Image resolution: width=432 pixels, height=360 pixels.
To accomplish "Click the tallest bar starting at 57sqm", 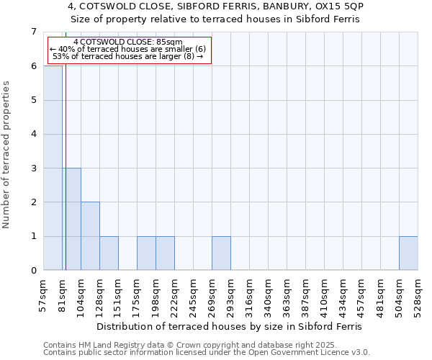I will [x=53, y=168].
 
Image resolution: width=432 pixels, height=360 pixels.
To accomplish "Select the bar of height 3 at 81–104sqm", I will [x=71, y=219].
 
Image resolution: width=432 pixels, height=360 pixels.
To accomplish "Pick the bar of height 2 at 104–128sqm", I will [x=90, y=236].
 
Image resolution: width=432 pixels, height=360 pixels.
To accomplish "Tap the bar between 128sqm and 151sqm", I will [x=109, y=253].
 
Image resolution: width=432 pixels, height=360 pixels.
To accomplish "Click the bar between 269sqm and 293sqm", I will [x=221, y=253].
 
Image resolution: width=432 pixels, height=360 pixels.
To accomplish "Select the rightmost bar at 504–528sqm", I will [x=408, y=253].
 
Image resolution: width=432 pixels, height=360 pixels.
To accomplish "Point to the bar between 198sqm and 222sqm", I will [x=165, y=253].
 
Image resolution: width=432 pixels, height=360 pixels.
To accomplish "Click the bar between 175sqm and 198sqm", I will [x=146, y=253].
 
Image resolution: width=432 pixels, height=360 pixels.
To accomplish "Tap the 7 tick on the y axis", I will [x=33, y=32].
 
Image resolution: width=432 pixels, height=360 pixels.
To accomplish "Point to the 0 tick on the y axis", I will [x=33, y=271].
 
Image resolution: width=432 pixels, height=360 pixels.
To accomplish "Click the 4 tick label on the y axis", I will [x=33, y=134].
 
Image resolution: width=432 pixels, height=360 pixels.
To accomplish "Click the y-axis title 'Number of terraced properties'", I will [x=7, y=155].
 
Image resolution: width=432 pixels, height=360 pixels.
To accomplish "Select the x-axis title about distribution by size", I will [x=230, y=326].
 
